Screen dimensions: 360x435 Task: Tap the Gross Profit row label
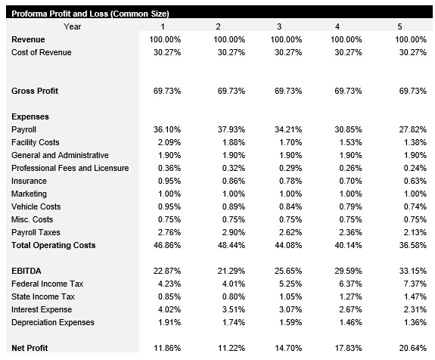35,91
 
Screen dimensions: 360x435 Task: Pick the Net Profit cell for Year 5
412,348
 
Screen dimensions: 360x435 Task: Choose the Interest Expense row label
42,309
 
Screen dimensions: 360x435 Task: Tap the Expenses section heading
30,116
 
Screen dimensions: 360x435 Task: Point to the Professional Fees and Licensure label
70,168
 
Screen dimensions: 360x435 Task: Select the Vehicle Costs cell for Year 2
231,206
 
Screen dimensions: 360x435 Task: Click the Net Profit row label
31,348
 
